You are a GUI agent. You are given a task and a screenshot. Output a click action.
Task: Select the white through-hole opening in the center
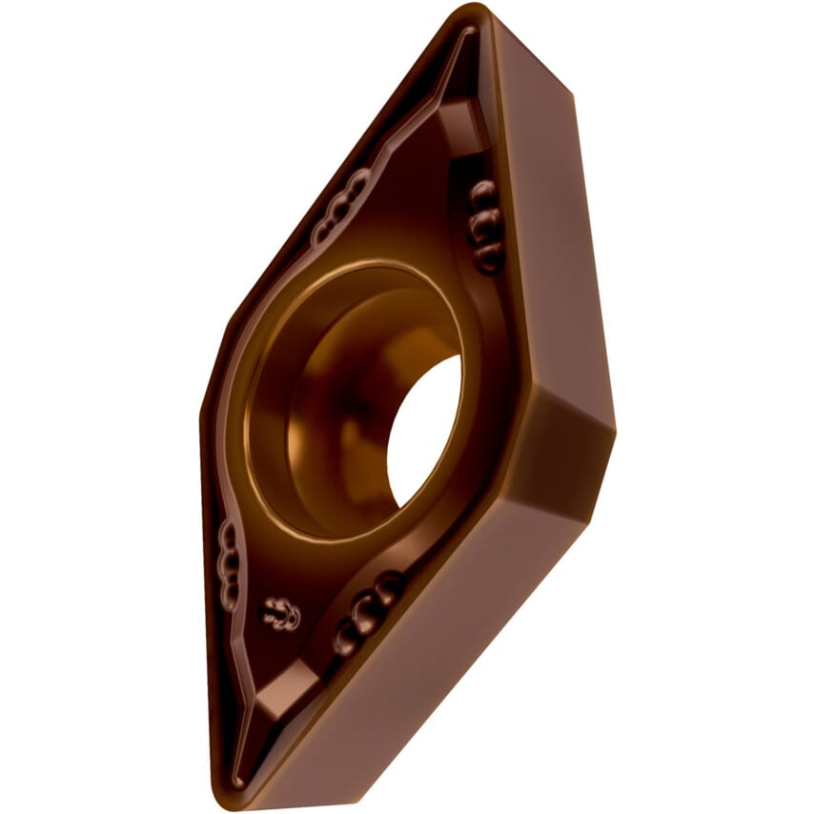click(x=425, y=429)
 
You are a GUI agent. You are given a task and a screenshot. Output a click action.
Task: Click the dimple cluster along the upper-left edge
click(x=342, y=206)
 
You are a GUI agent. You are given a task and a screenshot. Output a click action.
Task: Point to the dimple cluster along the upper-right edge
click(x=485, y=225)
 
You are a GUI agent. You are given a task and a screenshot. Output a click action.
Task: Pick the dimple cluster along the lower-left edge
click(x=229, y=568)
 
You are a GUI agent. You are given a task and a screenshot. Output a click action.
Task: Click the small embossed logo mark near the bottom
click(x=282, y=615)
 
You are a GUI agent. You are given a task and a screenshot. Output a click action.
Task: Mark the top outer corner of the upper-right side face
click(x=572, y=95)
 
